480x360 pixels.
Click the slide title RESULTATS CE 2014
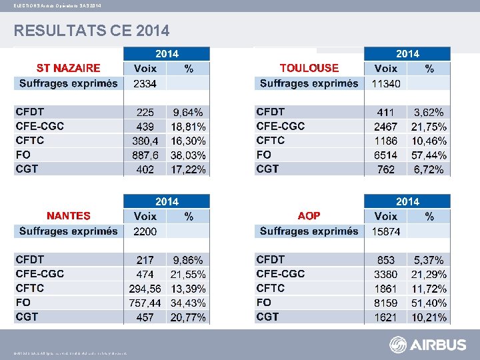pos(92,31)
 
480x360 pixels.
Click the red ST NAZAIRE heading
pos(68,68)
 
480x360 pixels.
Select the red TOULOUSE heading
pos(309,68)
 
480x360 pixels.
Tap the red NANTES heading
pos(68,216)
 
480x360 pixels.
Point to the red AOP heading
pos(309,216)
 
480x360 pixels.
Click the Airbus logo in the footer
pos(428,345)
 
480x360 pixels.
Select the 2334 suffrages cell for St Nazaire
pos(145,84)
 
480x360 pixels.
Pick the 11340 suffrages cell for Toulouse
pos(385,84)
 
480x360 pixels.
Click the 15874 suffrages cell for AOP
pos(385,232)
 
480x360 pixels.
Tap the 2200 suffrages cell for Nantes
pos(145,232)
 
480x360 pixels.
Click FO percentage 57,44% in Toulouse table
pos(429,155)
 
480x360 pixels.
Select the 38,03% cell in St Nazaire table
pos(189,155)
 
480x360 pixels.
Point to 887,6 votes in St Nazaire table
pos(145,155)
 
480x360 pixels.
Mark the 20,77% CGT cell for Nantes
pos(189,317)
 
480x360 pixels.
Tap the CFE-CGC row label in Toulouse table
pos(281,126)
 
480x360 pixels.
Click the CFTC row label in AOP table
pos(271,288)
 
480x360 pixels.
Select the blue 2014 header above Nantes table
pos(167,201)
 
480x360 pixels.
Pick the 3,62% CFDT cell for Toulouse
pos(429,113)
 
